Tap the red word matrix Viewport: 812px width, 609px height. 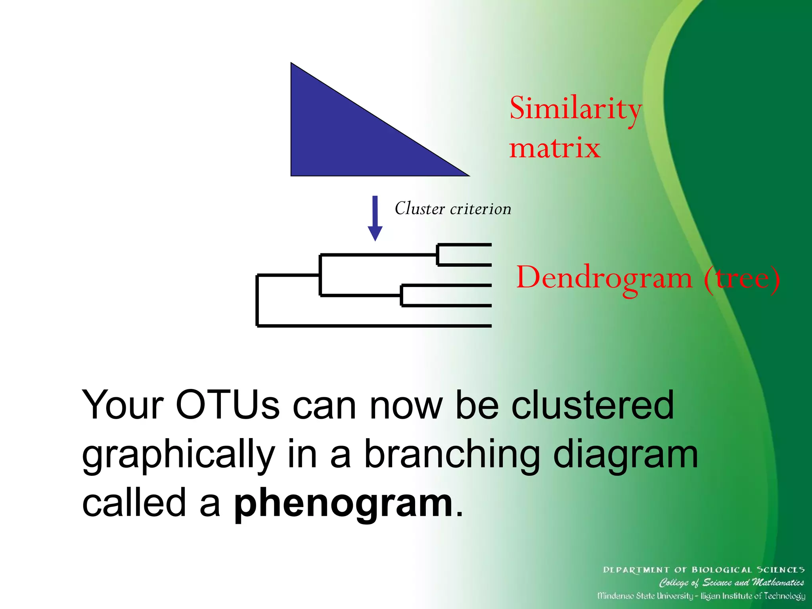pyautogui.click(x=554, y=149)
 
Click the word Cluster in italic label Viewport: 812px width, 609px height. pyautogui.click(x=419, y=209)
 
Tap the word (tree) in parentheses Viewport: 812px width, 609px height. pyautogui.click(x=741, y=278)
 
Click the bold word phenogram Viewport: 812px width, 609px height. pyautogui.click(x=343, y=504)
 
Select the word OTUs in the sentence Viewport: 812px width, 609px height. pyautogui.click(x=228, y=405)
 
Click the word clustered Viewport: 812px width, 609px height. pyautogui.click(x=592, y=405)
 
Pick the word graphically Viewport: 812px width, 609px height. pyautogui.click(x=178, y=455)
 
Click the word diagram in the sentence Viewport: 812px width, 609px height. pyautogui.click(x=625, y=455)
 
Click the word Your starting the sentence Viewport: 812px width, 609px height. pyautogui.click(x=123, y=405)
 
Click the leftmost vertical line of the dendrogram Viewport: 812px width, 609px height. pyautogui.click(x=257, y=300)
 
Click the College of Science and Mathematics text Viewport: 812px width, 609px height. pyautogui.click(x=731, y=582)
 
